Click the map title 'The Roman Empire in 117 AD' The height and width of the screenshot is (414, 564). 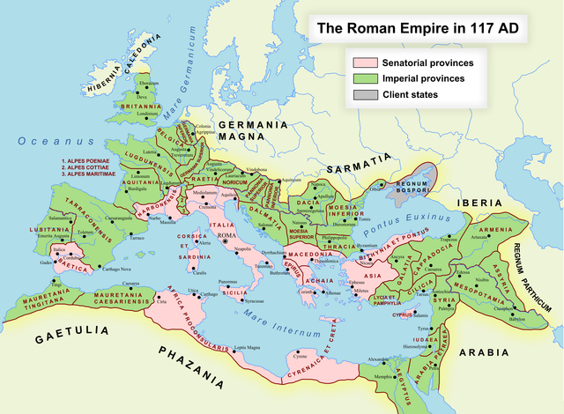pos(417,28)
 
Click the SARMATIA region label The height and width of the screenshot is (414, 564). pos(357,163)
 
